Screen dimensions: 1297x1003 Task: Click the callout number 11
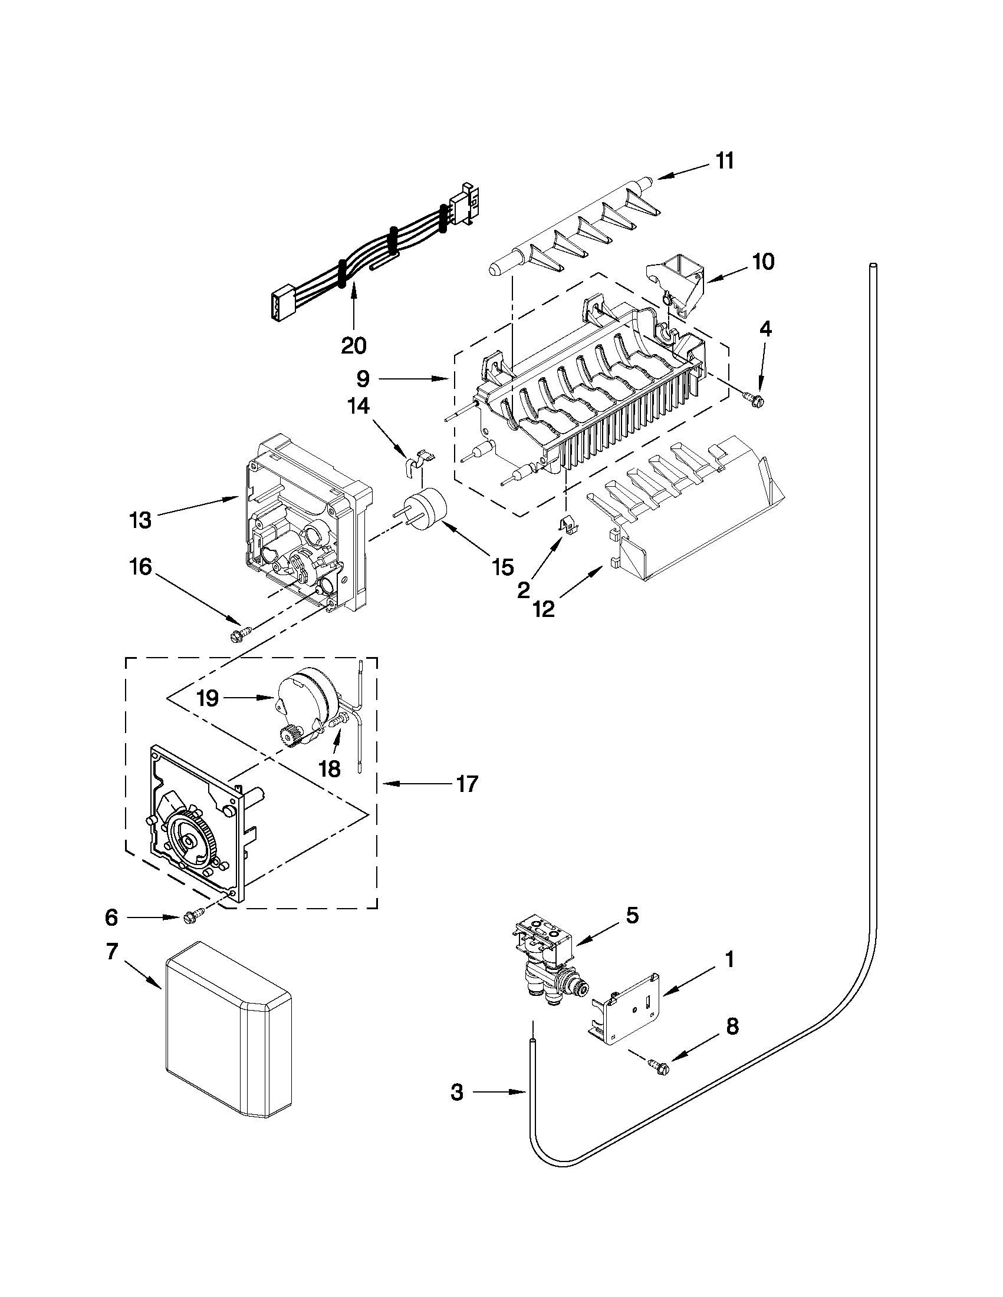[x=724, y=161]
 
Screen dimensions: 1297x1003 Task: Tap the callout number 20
[x=354, y=345]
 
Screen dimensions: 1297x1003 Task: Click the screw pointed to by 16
[x=239, y=635]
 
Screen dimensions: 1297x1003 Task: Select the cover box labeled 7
[x=229, y=1037]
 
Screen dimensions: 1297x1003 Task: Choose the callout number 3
[x=456, y=1091]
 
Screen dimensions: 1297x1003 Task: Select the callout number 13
[x=140, y=520]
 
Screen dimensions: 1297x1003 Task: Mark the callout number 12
[x=544, y=608]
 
